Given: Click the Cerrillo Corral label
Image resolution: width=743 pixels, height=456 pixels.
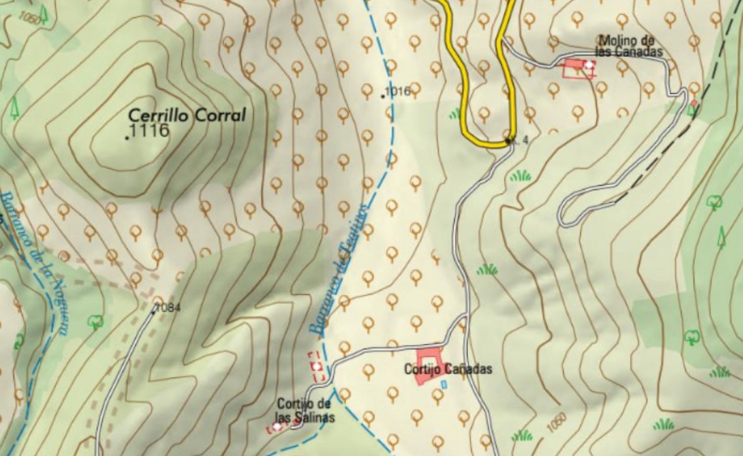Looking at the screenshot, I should pyautogui.click(x=186, y=115).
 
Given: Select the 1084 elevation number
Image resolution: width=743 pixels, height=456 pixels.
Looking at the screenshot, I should pyautogui.click(x=168, y=308).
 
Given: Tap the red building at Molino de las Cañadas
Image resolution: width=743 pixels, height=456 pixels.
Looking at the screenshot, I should pyautogui.click(x=577, y=68).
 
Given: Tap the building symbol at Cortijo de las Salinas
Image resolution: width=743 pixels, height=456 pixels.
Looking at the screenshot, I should pyautogui.click(x=277, y=427).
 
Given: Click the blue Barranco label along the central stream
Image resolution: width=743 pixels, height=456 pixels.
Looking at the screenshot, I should pyautogui.click(x=338, y=267).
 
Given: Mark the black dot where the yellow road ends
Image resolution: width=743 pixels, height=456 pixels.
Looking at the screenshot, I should pyautogui.click(x=508, y=142).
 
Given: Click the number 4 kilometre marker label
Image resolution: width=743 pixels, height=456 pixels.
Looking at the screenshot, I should pyautogui.click(x=525, y=140).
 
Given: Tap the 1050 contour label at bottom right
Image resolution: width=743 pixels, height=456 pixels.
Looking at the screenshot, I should pyautogui.click(x=557, y=421).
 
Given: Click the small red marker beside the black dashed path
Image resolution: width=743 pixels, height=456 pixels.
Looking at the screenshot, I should pyautogui.click(x=694, y=105).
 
